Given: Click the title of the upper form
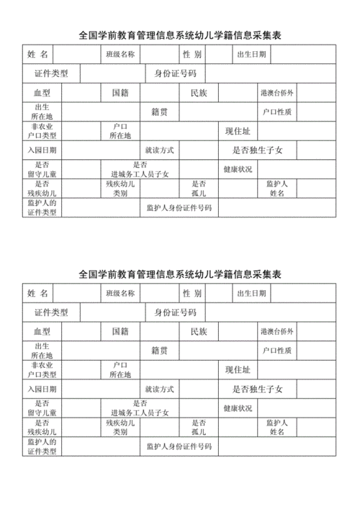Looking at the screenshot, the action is pyautogui.click(x=179, y=35).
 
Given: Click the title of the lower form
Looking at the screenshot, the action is pyautogui.click(x=179, y=274).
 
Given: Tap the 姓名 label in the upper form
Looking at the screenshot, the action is pyautogui.click(x=37, y=55).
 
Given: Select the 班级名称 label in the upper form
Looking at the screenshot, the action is pyautogui.click(x=120, y=55).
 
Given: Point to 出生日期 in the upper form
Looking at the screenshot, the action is pyautogui.click(x=251, y=55).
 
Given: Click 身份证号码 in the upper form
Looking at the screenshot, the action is pyautogui.click(x=176, y=73).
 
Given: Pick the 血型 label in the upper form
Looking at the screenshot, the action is pyautogui.click(x=42, y=93).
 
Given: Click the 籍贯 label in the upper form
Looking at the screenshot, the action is pyautogui.click(x=160, y=112).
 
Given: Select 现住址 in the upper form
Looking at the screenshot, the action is pyautogui.click(x=238, y=130).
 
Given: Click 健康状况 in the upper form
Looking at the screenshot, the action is pyautogui.click(x=238, y=169).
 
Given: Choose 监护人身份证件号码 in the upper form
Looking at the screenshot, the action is pyautogui.click(x=179, y=207).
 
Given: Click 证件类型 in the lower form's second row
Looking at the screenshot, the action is pyautogui.click(x=51, y=312).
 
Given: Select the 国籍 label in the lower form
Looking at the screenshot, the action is pyautogui.click(x=120, y=332).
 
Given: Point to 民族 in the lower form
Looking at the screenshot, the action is pyautogui.click(x=199, y=332).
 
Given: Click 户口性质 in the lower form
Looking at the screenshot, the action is pyautogui.click(x=277, y=351).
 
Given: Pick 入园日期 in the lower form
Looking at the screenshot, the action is pyautogui.click(x=42, y=389).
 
